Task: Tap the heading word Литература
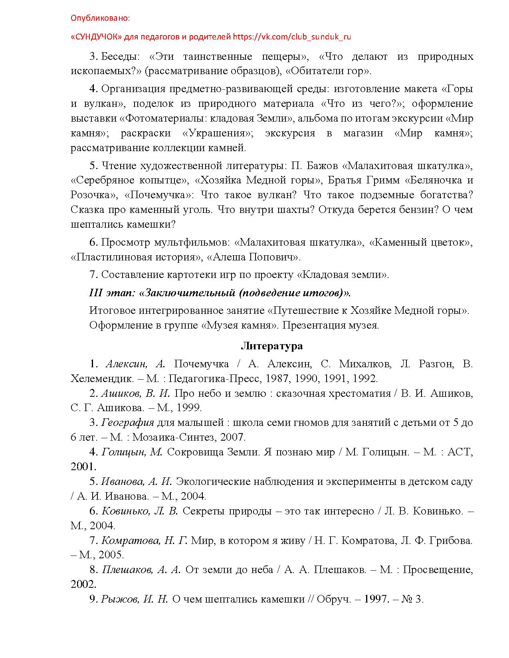(271, 346)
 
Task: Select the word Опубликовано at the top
(100, 18)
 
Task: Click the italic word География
(128, 422)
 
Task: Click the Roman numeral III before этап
(96, 293)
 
